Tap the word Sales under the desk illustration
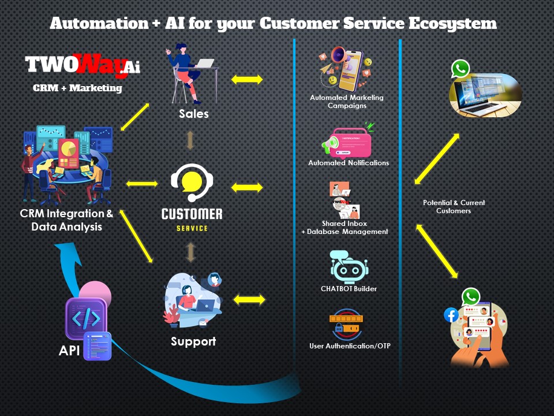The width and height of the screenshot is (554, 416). pos(193,113)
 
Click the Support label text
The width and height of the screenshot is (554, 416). pos(193,341)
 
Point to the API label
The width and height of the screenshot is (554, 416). pos(69,351)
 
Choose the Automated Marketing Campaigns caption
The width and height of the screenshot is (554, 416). pos(347,101)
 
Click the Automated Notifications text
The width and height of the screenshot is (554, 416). pos(349,163)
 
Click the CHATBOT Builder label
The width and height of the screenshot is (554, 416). pos(349,288)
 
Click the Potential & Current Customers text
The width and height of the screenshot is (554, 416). pos(454,207)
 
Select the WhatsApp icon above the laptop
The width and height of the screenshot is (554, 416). pos(461,69)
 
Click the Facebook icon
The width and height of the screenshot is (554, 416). pos(451,315)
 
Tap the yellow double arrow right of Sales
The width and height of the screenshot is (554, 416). pos(247,79)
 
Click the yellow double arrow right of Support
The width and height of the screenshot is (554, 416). pos(249,300)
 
